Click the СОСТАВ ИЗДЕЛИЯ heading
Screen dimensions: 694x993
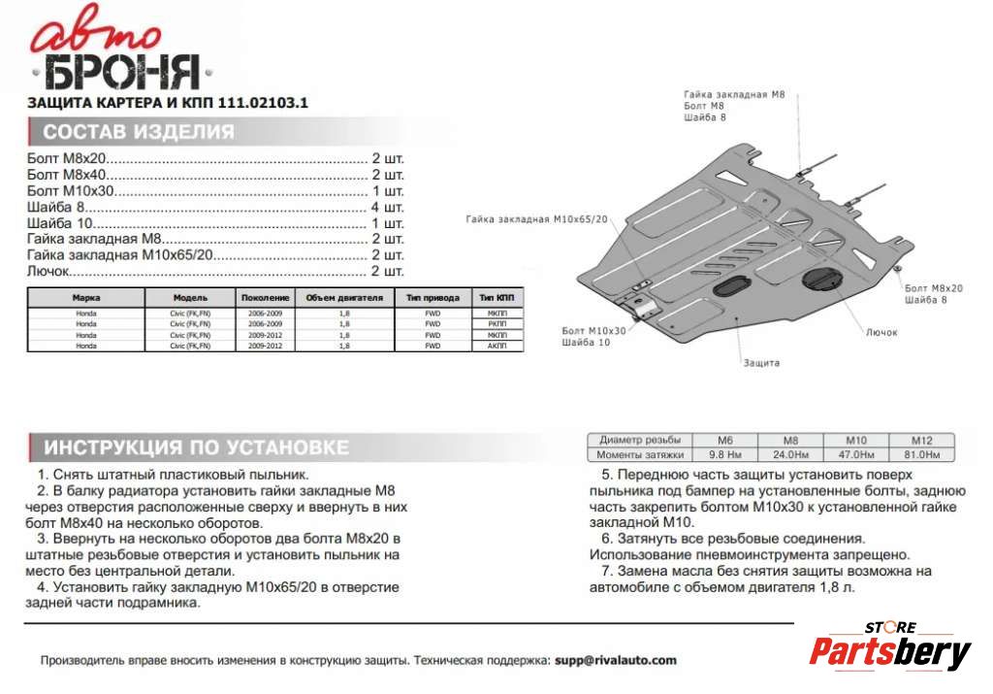click(139, 133)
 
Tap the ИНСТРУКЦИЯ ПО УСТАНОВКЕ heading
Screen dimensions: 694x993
click(196, 447)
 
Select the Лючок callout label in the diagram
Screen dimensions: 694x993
click(881, 332)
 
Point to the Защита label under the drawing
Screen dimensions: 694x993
click(761, 362)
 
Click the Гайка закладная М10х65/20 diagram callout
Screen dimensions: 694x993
click(536, 219)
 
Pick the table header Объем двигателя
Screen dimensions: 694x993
click(344, 298)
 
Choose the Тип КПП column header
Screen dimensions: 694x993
click(496, 298)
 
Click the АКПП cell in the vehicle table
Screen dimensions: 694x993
click(496, 346)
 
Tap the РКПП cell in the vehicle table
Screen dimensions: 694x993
click(496, 324)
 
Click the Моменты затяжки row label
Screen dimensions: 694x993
click(640, 454)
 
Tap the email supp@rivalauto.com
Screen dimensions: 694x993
click(616, 660)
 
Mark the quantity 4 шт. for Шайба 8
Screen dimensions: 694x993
click(387, 208)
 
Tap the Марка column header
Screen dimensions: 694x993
click(86, 298)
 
